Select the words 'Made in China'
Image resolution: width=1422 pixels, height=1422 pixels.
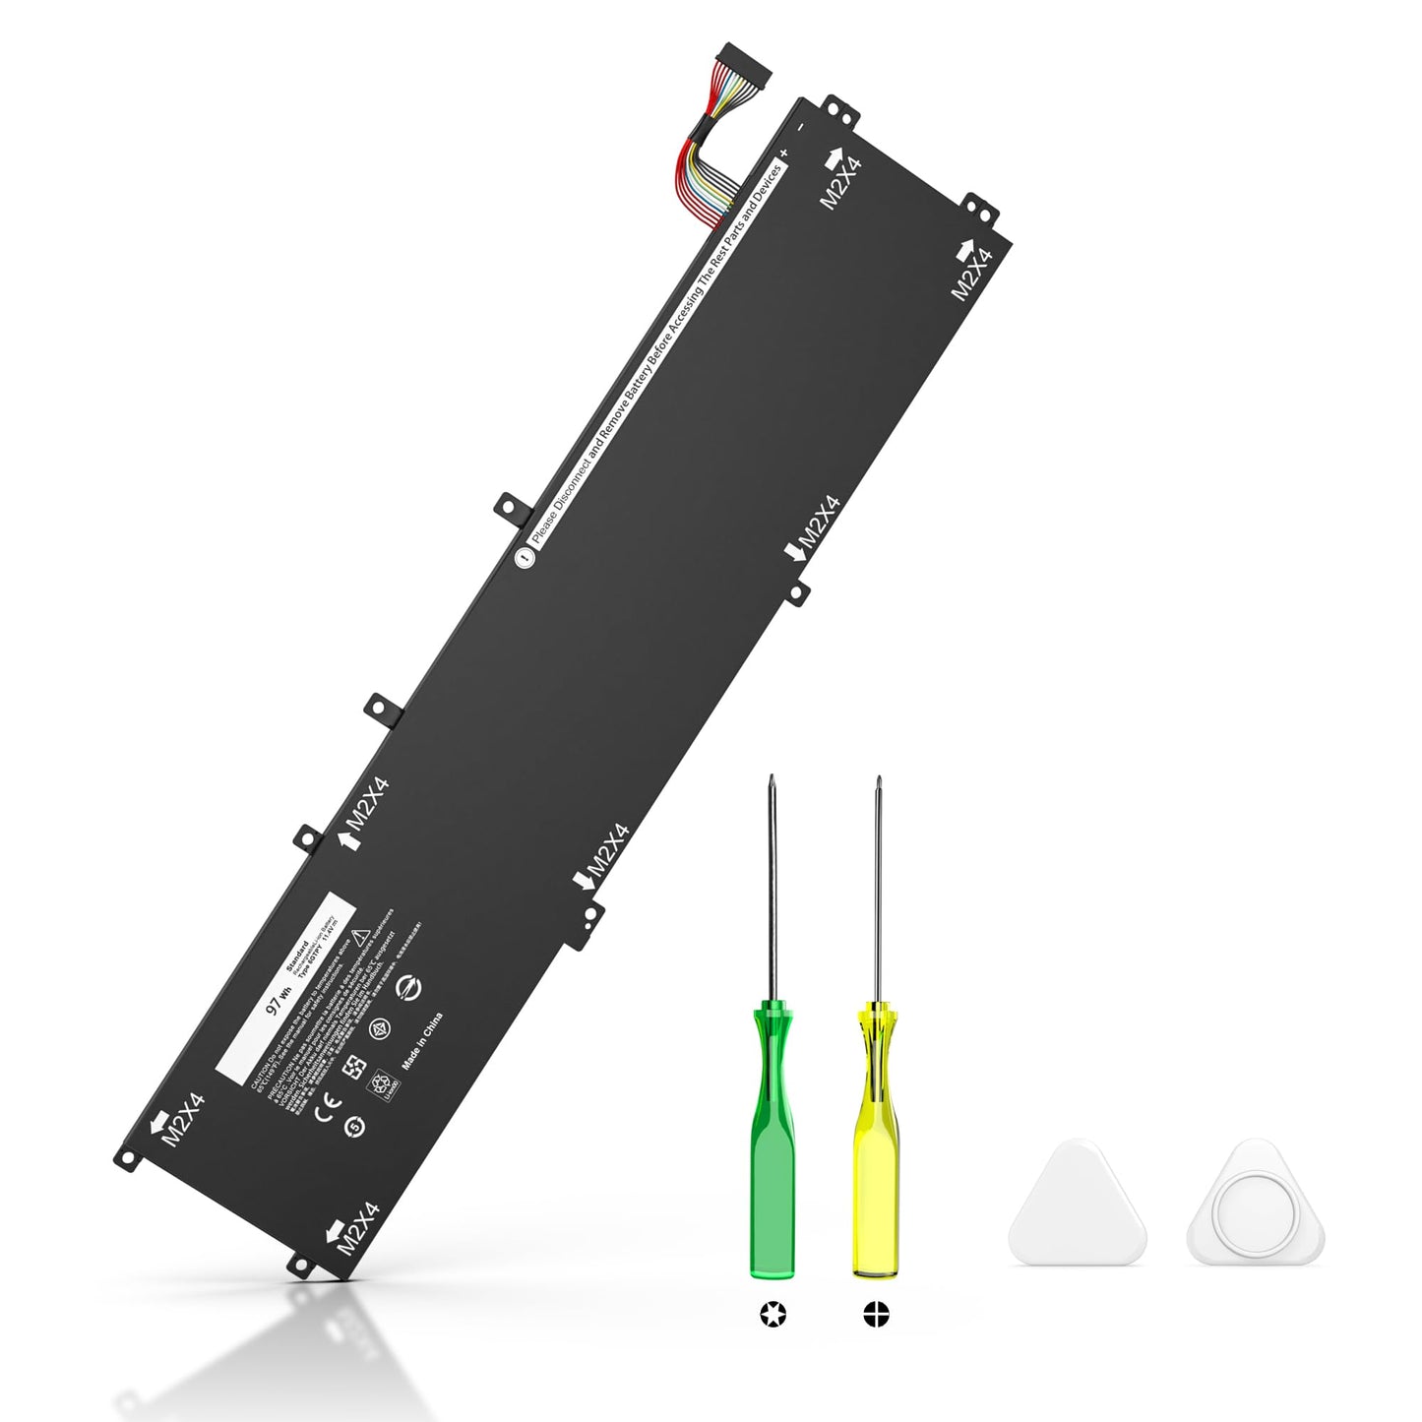[x=423, y=1040]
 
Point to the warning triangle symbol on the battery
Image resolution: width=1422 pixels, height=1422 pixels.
[x=361, y=933]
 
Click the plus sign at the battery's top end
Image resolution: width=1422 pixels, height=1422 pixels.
[x=784, y=154]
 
